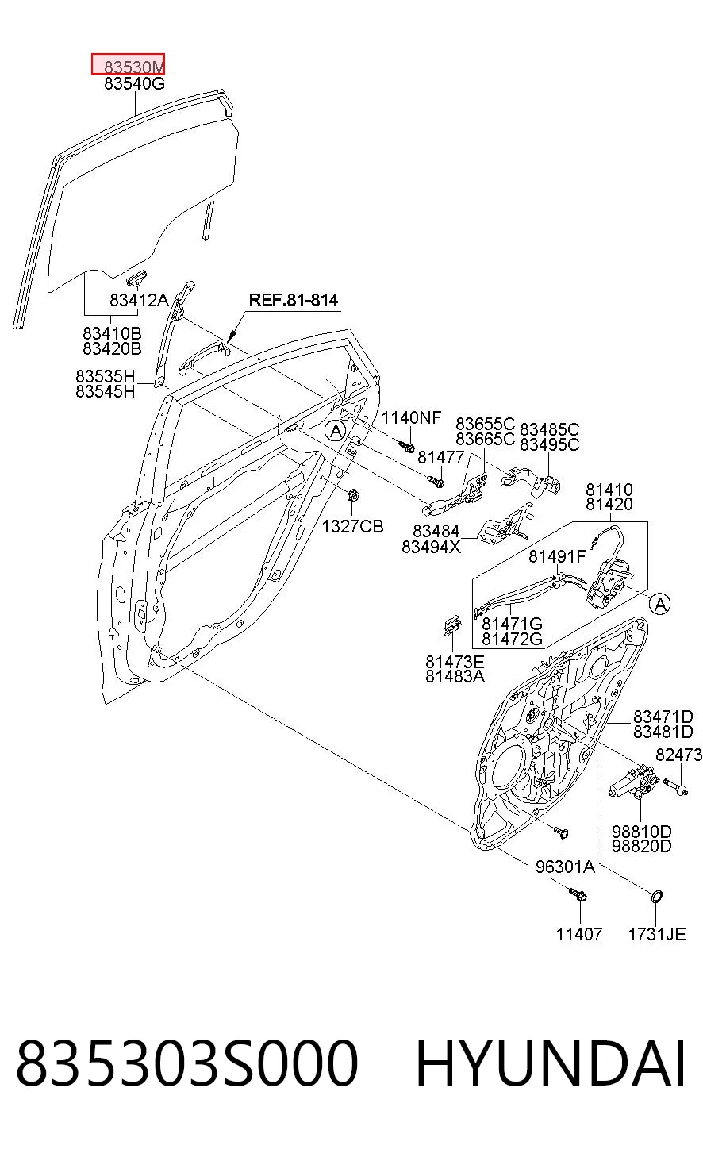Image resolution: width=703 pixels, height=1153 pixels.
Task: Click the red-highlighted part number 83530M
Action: [134, 67]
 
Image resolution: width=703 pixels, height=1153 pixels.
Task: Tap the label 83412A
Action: [139, 300]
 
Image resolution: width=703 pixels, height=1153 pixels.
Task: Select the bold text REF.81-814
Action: [294, 300]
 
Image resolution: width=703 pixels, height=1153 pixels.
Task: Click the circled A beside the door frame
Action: [336, 430]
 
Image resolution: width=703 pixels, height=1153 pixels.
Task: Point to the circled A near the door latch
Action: [660, 604]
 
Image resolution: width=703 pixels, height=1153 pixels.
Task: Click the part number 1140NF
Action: [411, 417]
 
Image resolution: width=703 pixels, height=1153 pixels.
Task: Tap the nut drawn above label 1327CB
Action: [352, 496]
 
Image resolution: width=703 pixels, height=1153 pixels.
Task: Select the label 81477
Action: [440, 456]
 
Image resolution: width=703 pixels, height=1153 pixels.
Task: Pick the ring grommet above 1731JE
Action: [657, 896]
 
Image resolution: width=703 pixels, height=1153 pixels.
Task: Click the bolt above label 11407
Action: [578, 894]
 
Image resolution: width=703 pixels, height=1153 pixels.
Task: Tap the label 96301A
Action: [565, 867]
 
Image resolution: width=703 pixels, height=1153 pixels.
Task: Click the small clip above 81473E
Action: [451, 625]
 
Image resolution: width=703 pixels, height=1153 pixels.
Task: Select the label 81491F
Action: [557, 556]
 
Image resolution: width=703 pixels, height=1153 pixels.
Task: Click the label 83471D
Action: [663, 716]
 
